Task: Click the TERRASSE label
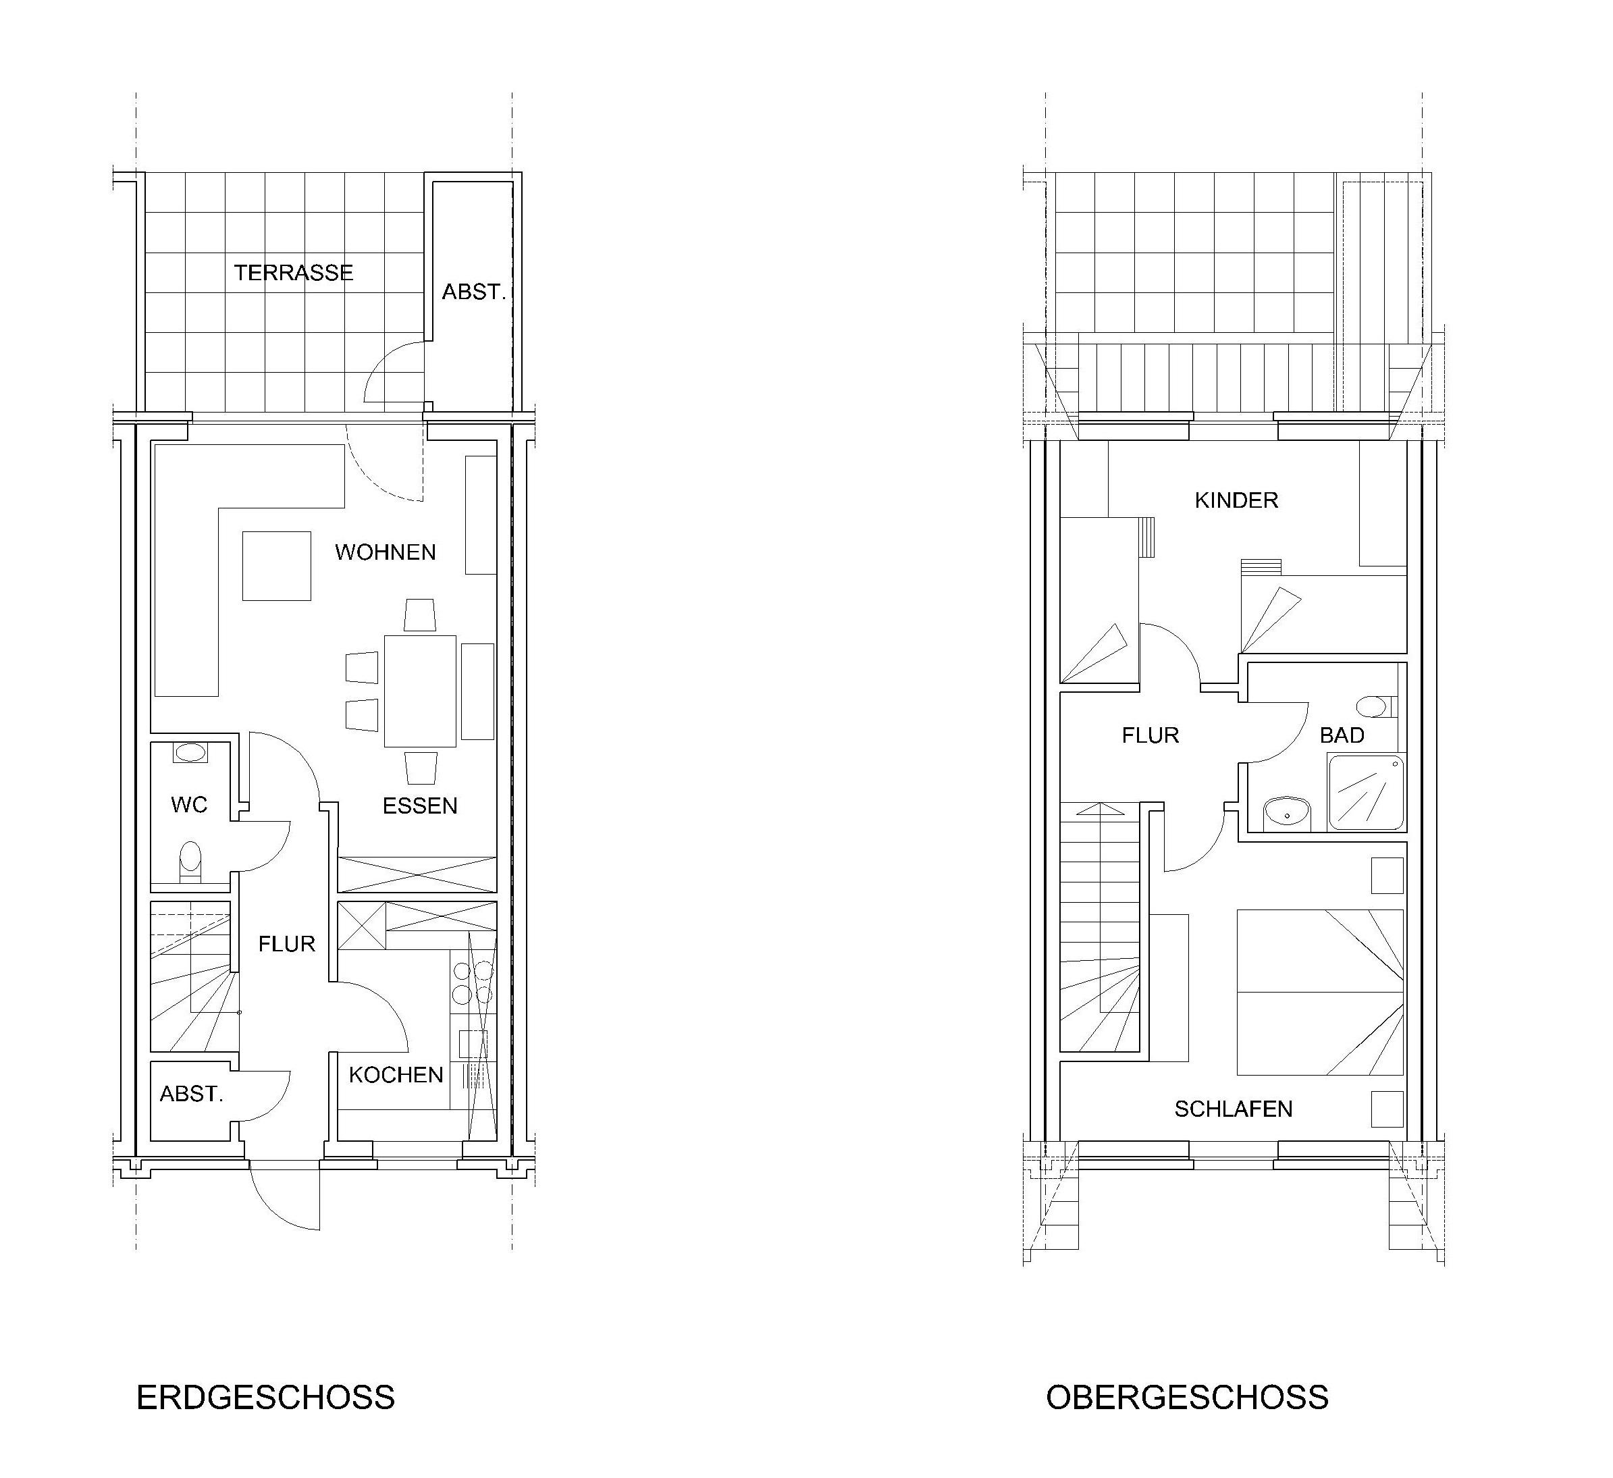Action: coord(294,273)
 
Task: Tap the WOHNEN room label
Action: coord(386,552)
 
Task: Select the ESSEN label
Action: coord(420,806)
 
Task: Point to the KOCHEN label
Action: coord(396,1075)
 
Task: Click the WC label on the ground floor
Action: coord(190,804)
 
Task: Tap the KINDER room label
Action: coord(1236,501)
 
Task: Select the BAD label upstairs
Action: coord(1342,735)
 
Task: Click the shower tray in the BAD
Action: coord(1367,793)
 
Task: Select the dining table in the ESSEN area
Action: coord(420,691)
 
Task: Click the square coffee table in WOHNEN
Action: coord(277,566)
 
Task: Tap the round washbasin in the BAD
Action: coord(1287,813)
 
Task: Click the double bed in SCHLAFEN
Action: coord(1320,993)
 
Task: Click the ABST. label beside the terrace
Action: coord(474,292)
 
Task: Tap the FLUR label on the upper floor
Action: coord(1151,735)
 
